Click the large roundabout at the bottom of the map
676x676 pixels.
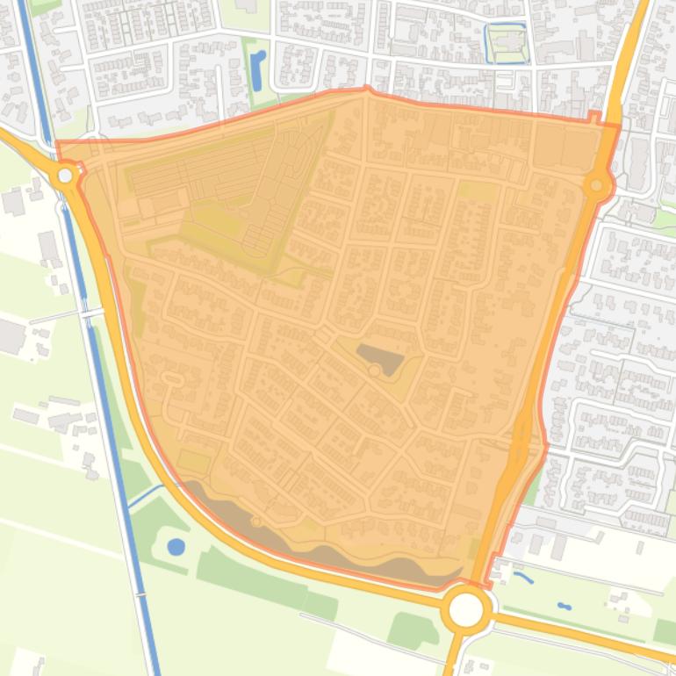tap(466, 609)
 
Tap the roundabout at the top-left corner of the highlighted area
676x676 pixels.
tap(65, 176)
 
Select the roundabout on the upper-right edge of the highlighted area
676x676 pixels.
tap(597, 185)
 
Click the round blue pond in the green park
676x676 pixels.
tap(176, 547)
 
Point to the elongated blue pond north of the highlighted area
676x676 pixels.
tap(257, 69)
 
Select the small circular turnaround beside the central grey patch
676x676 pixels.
tap(375, 372)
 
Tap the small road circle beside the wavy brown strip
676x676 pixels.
tap(256, 521)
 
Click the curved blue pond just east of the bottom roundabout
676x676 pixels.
tap(524, 579)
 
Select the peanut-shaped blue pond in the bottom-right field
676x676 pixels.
tap(563, 606)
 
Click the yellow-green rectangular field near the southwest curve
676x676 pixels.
tap(194, 462)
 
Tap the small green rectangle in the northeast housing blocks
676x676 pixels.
tap(476, 191)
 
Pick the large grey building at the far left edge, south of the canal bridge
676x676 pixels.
tap(11, 337)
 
